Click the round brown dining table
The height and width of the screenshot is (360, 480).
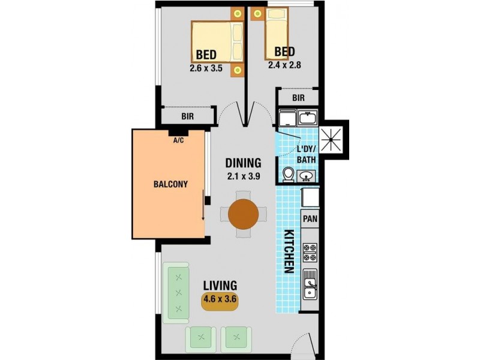point(244,214)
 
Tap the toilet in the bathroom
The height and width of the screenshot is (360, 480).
point(289,175)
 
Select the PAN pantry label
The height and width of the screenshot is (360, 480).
point(310,219)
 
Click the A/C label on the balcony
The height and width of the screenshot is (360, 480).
point(178,140)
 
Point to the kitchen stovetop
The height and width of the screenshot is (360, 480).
point(310,252)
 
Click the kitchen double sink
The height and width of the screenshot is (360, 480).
point(310,284)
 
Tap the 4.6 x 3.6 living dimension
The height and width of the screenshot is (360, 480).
point(220,298)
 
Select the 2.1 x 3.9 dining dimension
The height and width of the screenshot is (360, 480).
point(244,176)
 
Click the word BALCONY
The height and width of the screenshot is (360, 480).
point(170,184)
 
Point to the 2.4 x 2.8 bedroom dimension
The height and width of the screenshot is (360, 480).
point(284,65)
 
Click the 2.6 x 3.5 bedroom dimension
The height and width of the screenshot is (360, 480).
point(206,68)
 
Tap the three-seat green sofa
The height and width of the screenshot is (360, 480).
point(176,293)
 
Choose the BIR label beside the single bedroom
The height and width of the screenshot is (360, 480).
point(298,98)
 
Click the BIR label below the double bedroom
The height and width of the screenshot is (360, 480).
point(187,116)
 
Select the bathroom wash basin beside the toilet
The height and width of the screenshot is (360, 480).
point(306,176)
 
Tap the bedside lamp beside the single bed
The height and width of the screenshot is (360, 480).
point(257,13)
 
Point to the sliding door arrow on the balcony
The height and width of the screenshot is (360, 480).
point(203,205)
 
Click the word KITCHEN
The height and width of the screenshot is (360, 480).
point(289,251)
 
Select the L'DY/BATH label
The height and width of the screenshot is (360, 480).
point(306,155)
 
